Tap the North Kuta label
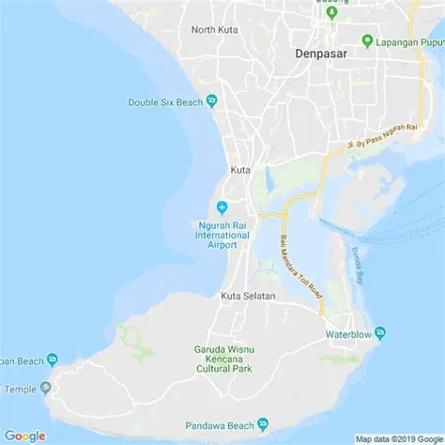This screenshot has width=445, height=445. coord(215,30)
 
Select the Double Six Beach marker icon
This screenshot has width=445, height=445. coord(212,101)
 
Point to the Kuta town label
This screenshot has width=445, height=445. coord(240,170)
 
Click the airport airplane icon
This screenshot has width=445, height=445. coord(222,207)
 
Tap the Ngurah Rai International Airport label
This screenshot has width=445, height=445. coord(223,236)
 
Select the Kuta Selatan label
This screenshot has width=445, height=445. coord(249,297)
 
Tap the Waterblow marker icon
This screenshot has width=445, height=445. coord(380,333)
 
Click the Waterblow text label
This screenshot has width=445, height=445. coord(347,334)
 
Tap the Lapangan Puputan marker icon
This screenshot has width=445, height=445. coord(367,41)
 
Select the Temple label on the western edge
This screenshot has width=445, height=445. coord(20,389)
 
